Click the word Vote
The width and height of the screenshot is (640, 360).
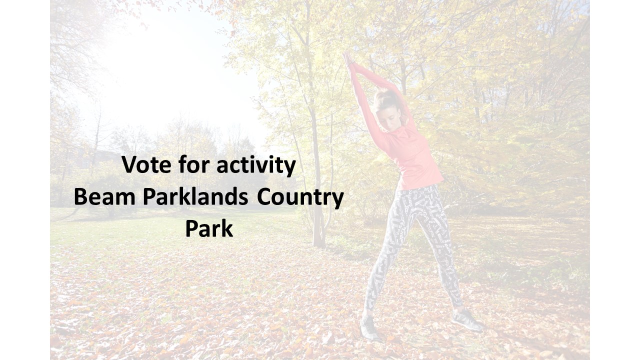[146, 165]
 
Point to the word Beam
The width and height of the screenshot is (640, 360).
[104, 197]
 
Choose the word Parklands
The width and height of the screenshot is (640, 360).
[195, 196]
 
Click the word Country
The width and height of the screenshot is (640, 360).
[300, 198]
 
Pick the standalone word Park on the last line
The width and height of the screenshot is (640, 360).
[209, 228]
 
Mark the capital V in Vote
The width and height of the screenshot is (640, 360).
[128, 165]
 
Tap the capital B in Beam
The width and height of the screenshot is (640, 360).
[80, 197]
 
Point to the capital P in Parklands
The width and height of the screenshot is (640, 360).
[149, 197]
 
